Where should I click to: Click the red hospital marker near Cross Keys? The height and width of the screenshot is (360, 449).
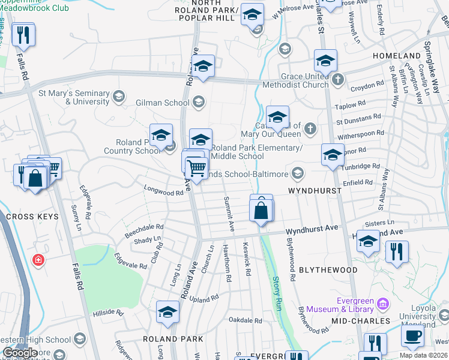(x=38, y=260)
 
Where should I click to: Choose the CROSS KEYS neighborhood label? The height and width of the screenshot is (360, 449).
(x=32, y=217)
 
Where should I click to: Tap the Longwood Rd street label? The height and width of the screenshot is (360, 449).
(x=163, y=191)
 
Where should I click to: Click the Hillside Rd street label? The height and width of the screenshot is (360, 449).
(x=108, y=313)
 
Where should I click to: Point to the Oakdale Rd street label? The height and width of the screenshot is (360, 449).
(x=249, y=320)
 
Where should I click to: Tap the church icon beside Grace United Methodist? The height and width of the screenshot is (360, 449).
(x=338, y=79)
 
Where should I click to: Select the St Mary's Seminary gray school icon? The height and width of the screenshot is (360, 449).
(x=119, y=96)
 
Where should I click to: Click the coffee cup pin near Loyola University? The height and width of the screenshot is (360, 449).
(x=412, y=336)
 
